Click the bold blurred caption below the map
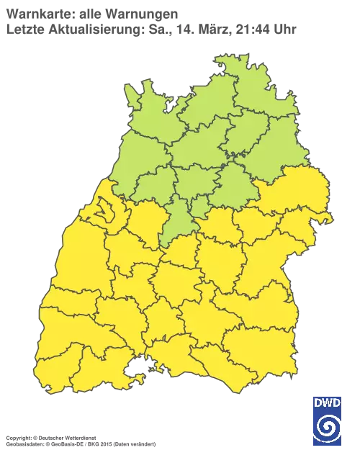[x=50, y=437]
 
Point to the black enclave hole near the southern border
[x=134, y=372]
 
